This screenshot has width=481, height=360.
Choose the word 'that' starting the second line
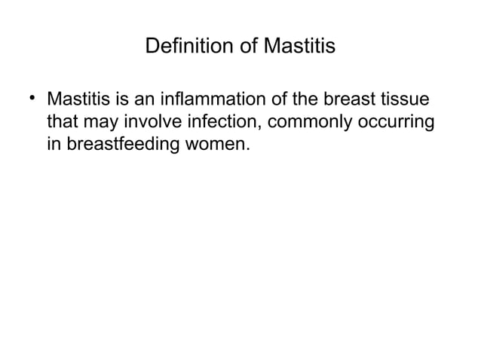[x=62, y=121]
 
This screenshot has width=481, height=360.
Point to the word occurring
[x=397, y=122]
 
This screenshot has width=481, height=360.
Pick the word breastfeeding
[x=124, y=143]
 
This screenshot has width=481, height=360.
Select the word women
[x=220, y=143]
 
